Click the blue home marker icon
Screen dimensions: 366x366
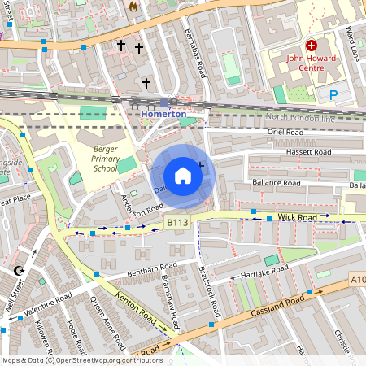[x=183, y=176]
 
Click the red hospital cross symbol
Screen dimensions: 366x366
[x=311, y=47]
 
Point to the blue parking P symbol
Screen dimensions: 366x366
[x=333, y=95]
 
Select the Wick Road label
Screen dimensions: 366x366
[x=295, y=218]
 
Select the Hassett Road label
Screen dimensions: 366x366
[x=308, y=152]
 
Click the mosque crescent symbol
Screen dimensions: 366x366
[x=20, y=271]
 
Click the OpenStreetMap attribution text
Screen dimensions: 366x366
[x=81, y=360]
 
